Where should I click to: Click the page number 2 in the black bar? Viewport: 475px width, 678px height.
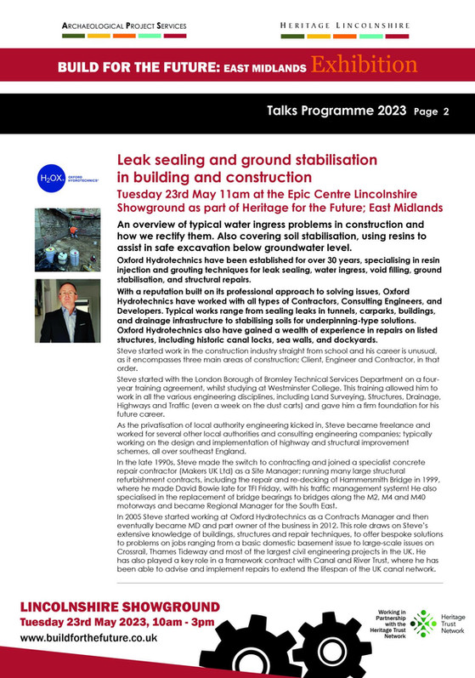(445, 112)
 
